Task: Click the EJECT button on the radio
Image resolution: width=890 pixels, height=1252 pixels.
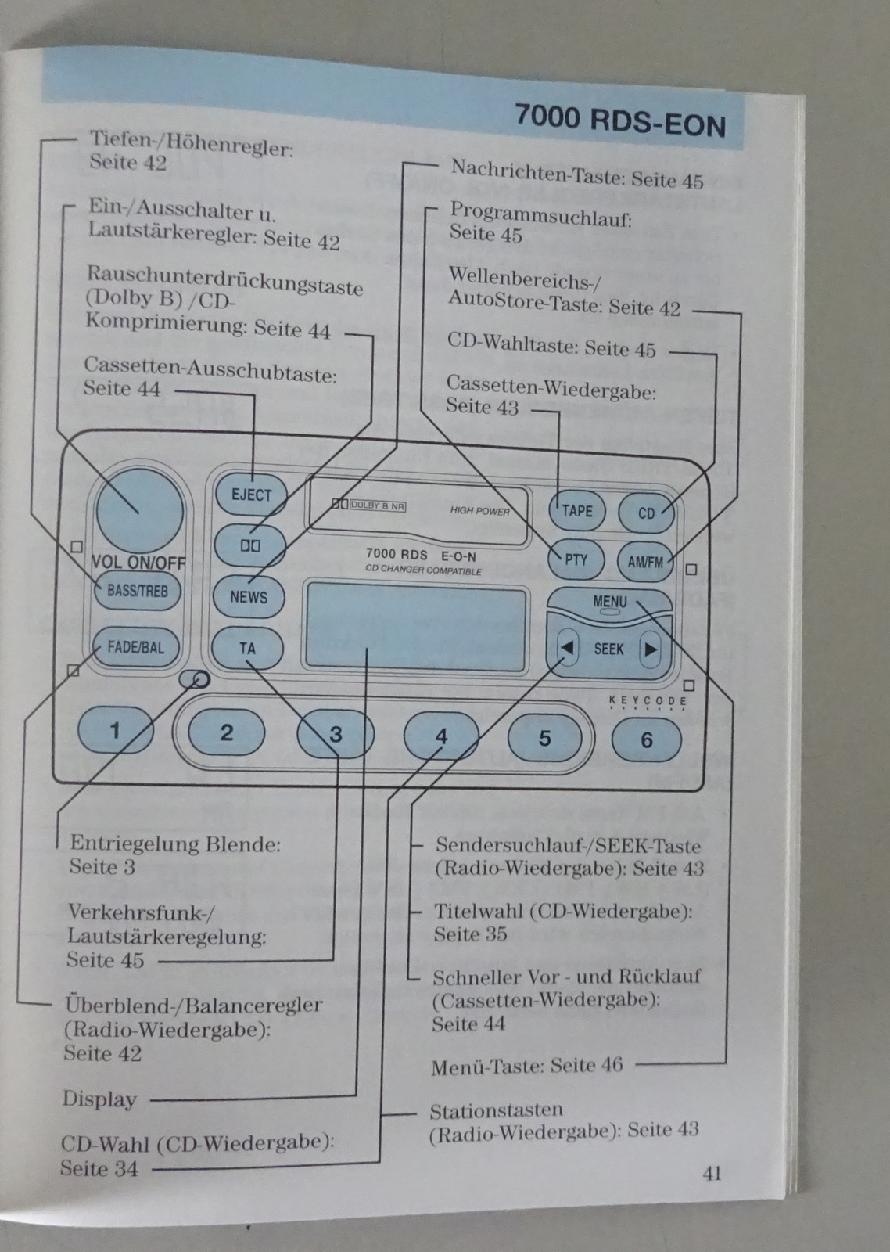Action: pyautogui.click(x=250, y=495)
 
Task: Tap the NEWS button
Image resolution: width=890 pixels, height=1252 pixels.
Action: pyautogui.click(x=248, y=596)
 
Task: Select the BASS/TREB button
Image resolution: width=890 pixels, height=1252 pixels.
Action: pyautogui.click(x=138, y=591)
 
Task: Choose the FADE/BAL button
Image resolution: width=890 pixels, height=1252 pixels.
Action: pyautogui.click(x=136, y=647)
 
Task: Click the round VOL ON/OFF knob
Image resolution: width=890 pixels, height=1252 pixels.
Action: pyautogui.click(x=139, y=511)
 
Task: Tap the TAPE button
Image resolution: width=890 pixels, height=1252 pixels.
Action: pyautogui.click(x=577, y=510)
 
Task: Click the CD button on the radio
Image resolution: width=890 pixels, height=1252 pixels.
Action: pyautogui.click(x=646, y=513)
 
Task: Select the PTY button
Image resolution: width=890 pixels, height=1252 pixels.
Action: pyautogui.click(x=576, y=559)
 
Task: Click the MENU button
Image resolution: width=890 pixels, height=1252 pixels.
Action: pyautogui.click(x=609, y=603)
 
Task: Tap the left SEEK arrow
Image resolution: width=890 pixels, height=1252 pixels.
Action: pyautogui.click(x=568, y=648)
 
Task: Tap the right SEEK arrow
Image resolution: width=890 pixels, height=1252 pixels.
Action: pyautogui.click(x=650, y=649)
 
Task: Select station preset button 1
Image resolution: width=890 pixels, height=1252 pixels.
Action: pyautogui.click(x=115, y=731)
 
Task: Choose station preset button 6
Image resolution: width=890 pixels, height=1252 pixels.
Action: pyautogui.click(x=646, y=739)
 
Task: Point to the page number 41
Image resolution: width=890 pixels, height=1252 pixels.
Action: pyautogui.click(x=712, y=1172)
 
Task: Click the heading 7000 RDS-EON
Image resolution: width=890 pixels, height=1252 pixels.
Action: pyautogui.click(x=619, y=122)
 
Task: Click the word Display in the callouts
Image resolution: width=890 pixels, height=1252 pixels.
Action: pyautogui.click(x=99, y=1099)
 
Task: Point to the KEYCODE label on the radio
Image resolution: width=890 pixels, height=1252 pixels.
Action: pyautogui.click(x=648, y=701)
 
